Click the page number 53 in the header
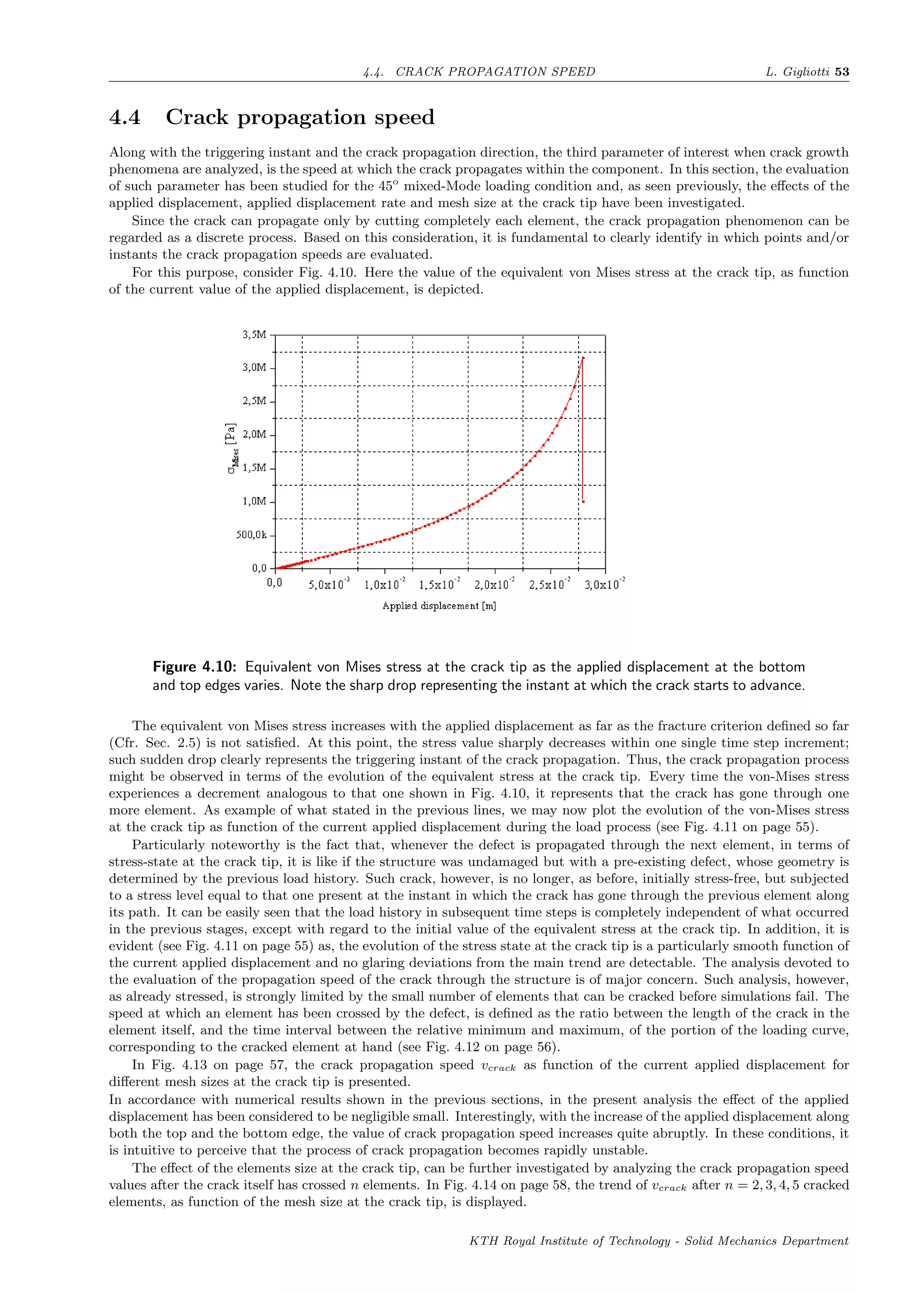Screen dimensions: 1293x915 tap(842, 72)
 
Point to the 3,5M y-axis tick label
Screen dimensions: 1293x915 tap(254, 334)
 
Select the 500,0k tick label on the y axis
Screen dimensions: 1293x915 tap(251, 534)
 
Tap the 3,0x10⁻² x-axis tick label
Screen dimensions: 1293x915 tap(604, 584)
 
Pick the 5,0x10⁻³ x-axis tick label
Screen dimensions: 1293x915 tap(329, 584)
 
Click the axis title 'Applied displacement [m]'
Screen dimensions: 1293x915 tap(439, 606)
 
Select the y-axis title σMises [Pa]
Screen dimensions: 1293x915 tap(231, 448)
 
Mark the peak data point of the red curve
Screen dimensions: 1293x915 tap(583, 358)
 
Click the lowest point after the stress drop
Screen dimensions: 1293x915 tap(583, 501)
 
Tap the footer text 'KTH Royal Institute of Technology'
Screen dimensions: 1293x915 tap(570, 1241)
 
